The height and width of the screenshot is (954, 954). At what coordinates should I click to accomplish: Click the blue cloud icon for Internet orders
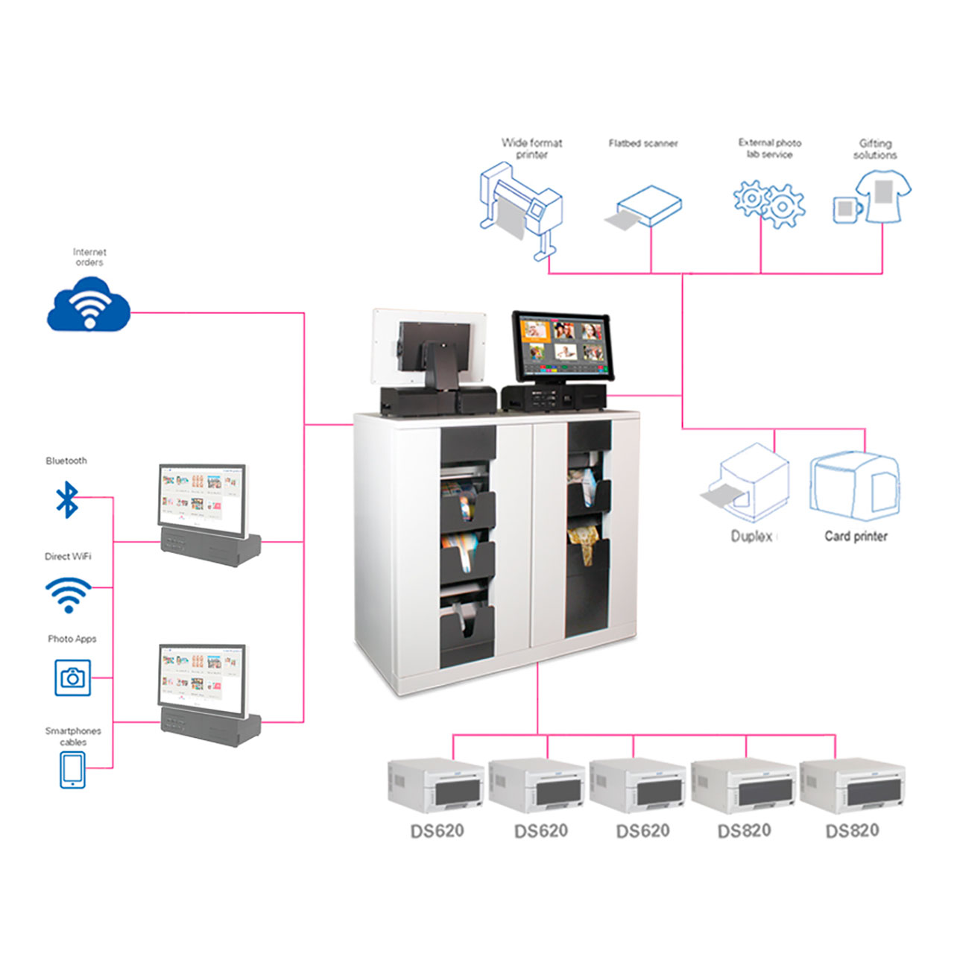tap(89, 305)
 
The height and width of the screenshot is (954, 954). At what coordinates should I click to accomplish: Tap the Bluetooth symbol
tap(68, 499)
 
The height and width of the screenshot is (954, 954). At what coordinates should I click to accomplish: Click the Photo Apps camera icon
tap(73, 677)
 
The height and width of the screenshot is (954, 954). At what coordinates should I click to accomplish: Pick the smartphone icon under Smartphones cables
tap(72, 769)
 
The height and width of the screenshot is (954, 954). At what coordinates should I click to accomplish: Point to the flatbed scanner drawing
tap(645, 207)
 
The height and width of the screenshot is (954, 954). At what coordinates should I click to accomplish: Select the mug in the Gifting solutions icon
tap(846, 209)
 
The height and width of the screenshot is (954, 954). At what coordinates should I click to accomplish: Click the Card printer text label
tap(856, 536)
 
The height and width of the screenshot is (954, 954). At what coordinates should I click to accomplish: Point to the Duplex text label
tap(751, 536)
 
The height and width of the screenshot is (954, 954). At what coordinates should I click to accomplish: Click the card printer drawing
tap(854, 484)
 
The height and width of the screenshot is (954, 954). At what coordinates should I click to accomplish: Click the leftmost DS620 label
tap(437, 831)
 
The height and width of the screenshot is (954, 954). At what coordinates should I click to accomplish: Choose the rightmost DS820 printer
tap(853, 787)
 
